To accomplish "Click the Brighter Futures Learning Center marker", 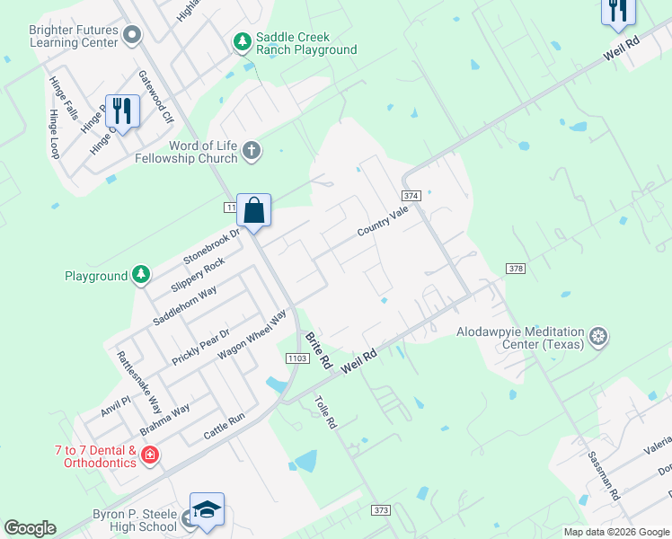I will pyautogui.click(x=133, y=35).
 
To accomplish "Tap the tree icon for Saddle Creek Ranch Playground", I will pyautogui.click(x=242, y=41).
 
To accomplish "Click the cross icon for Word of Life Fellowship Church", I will pyautogui.click(x=252, y=151).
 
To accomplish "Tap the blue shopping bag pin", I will pyautogui.click(x=254, y=211).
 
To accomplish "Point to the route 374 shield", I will pyautogui.click(x=411, y=195).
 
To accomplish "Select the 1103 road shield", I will pyautogui.click(x=299, y=358).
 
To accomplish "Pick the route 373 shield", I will pyautogui.click(x=381, y=510).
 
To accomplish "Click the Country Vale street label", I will pyautogui.click(x=383, y=220).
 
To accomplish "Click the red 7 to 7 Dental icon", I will pyautogui.click(x=150, y=455).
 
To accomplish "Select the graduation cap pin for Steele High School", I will pyautogui.click(x=207, y=508).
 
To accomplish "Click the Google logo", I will pyautogui.click(x=31, y=527).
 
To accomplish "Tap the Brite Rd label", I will pyautogui.click(x=319, y=352).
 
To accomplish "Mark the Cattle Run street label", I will pyautogui.click(x=225, y=426).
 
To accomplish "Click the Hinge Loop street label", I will pyautogui.click(x=54, y=135).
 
